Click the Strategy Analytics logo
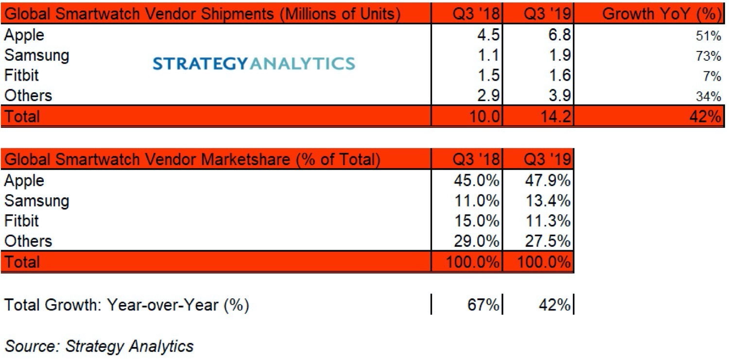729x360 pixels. [x=254, y=63]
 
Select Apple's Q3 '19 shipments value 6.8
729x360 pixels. [x=557, y=35]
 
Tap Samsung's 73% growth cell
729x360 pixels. [x=711, y=56]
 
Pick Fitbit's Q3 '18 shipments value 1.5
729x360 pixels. [x=488, y=76]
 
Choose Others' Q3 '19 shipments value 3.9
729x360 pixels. [x=557, y=96]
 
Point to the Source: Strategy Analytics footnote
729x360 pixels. [x=99, y=346]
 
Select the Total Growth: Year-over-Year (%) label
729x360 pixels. [x=126, y=306]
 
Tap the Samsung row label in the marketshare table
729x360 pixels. [x=36, y=201]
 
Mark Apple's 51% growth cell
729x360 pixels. [x=711, y=36]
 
